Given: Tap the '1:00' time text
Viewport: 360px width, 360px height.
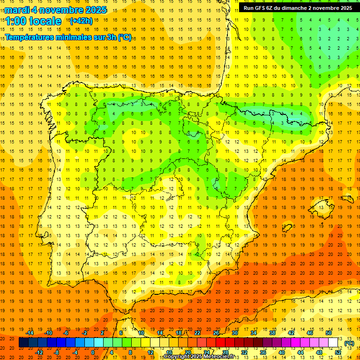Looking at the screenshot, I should (x=16, y=22).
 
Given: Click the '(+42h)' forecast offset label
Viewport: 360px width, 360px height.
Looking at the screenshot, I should (x=81, y=21).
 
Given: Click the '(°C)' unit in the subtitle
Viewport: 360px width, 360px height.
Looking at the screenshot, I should (x=124, y=37).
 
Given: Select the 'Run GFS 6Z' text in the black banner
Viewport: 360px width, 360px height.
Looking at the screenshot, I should (x=260, y=8).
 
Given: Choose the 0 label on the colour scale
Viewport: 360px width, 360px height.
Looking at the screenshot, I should (x=93, y=352).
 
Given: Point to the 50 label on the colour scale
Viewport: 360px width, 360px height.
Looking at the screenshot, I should (x=328, y=333).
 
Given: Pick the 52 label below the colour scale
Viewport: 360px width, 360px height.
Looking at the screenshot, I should (x=338, y=352).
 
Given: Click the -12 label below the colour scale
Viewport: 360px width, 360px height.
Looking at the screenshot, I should (x=39, y=352).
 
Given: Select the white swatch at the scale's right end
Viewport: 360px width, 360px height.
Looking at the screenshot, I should (x=333, y=343).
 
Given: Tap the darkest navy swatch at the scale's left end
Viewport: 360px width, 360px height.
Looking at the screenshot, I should (x=23, y=343).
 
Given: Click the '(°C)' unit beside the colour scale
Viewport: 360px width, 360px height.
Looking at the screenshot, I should (x=349, y=343).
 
